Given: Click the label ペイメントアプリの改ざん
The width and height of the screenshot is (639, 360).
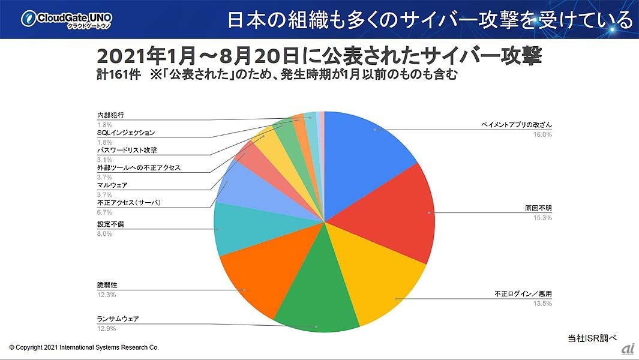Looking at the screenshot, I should tap(516, 125).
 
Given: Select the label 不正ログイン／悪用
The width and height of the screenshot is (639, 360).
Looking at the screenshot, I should tap(523, 294).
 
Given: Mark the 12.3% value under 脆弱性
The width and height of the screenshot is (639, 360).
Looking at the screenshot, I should tap(106, 294).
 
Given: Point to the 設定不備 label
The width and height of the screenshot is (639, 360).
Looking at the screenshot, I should tap(111, 224).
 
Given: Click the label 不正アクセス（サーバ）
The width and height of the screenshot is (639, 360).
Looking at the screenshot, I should tap(128, 203).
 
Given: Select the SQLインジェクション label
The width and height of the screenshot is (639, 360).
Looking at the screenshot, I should tap(126, 133).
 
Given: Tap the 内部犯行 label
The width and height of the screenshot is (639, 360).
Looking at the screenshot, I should tap(110, 115).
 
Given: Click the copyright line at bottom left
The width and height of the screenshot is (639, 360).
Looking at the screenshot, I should tap(83, 347).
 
